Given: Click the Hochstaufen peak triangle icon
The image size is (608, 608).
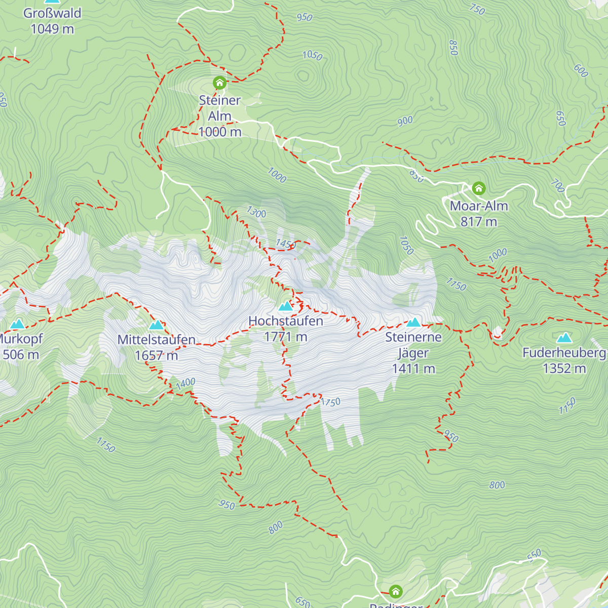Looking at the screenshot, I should click(286, 306).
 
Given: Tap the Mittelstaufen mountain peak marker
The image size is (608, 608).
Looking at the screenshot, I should click(157, 325).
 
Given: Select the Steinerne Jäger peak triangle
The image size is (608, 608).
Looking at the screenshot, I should click(414, 322).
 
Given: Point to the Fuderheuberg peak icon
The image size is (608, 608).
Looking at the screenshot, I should click(564, 338).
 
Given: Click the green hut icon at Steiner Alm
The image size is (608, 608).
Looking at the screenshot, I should click(219, 83).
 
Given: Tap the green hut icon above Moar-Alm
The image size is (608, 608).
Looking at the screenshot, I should click(479, 189).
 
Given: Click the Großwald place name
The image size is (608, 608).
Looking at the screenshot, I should click(52, 13).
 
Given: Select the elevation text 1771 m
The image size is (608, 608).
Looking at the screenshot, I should click(286, 337).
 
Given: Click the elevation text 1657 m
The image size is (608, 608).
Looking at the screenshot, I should click(157, 356).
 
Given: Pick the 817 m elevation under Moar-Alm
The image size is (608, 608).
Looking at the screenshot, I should click(479, 222).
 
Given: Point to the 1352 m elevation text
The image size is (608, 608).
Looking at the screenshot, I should click(564, 368).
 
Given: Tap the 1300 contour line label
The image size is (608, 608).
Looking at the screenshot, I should click(256, 212).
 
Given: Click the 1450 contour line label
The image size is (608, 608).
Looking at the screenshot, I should click(286, 244).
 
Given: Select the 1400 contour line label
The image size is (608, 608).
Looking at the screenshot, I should click(185, 384).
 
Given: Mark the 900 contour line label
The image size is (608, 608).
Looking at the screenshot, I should click(405, 121).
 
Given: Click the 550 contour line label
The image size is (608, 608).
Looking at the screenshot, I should click(534, 555).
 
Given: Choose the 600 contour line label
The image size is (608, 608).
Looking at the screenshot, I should click(581, 71).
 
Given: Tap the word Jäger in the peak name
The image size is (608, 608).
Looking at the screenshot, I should click(413, 353).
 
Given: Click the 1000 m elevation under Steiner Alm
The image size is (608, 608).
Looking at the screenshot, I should click(220, 132).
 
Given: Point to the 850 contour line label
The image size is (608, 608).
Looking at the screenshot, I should click(453, 48).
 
